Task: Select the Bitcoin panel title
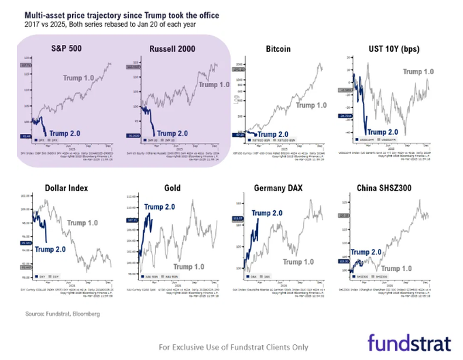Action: pyautogui.click(x=278, y=48)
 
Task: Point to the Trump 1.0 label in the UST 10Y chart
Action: pyautogui.click(x=418, y=71)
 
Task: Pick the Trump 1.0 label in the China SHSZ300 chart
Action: pyautogui.click(x=415, y=269)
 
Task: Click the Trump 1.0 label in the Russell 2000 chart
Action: pyautogui.click(x=213, y=84)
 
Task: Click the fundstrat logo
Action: pyautogui.click(x=408, y=342)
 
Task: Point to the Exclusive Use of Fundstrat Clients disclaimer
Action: pyautogui.click(x=231, y=346)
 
